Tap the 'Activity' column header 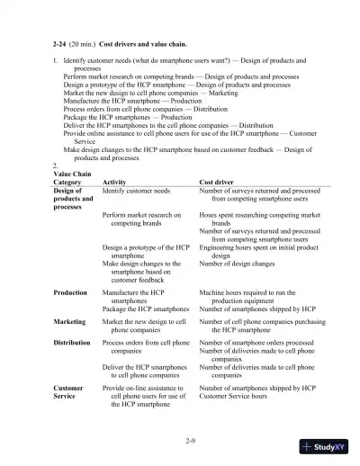coord(115,182)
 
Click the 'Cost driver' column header coord(219,182)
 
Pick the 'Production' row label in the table coord(70,292)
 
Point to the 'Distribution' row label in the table coord(72,343)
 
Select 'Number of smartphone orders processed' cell coord(256,343)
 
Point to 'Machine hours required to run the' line coord(247,292)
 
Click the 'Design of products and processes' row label coord(71,199)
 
